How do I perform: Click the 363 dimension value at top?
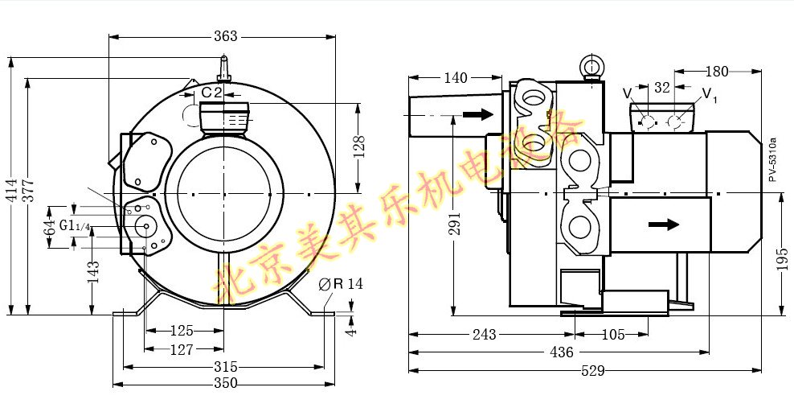click(225, 36)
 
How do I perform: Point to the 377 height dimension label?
click(30, 191)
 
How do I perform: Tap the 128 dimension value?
click(358, 146)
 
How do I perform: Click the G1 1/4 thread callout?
click(75, 225)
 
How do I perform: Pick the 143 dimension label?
click(93, 272)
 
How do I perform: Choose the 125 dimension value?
click(182, 331)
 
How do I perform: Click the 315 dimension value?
click(225, 366)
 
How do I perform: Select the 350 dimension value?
click(225, 383)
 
